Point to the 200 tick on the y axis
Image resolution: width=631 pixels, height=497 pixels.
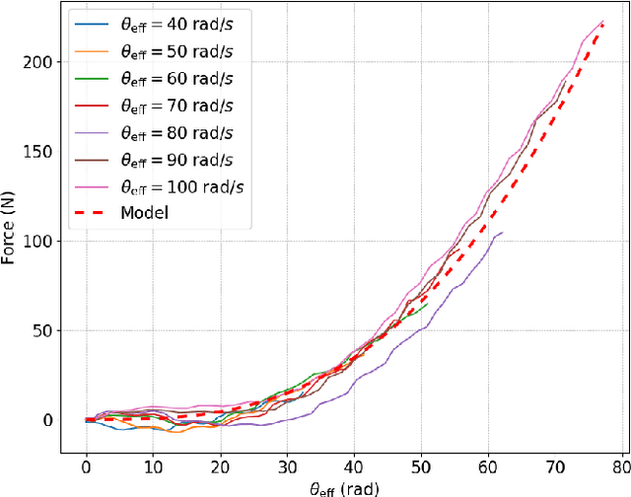point(38,61)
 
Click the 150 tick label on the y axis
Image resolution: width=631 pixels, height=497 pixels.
point(38,151)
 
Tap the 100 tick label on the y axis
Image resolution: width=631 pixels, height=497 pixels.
point(38,241)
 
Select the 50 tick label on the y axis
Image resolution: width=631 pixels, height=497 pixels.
point(42,330)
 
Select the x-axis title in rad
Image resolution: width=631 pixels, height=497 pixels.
point(339,487)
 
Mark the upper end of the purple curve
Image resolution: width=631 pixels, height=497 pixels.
point(503,233)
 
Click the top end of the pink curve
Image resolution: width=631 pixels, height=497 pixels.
point(603,22)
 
